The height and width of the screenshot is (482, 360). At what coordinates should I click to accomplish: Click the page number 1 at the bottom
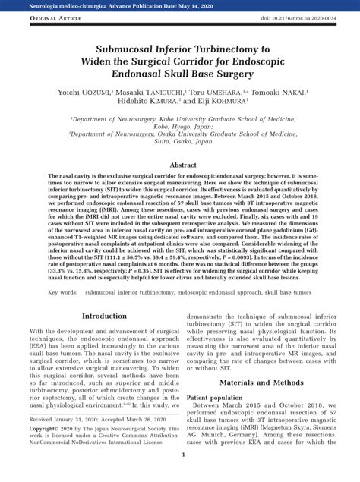pos(183,476)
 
